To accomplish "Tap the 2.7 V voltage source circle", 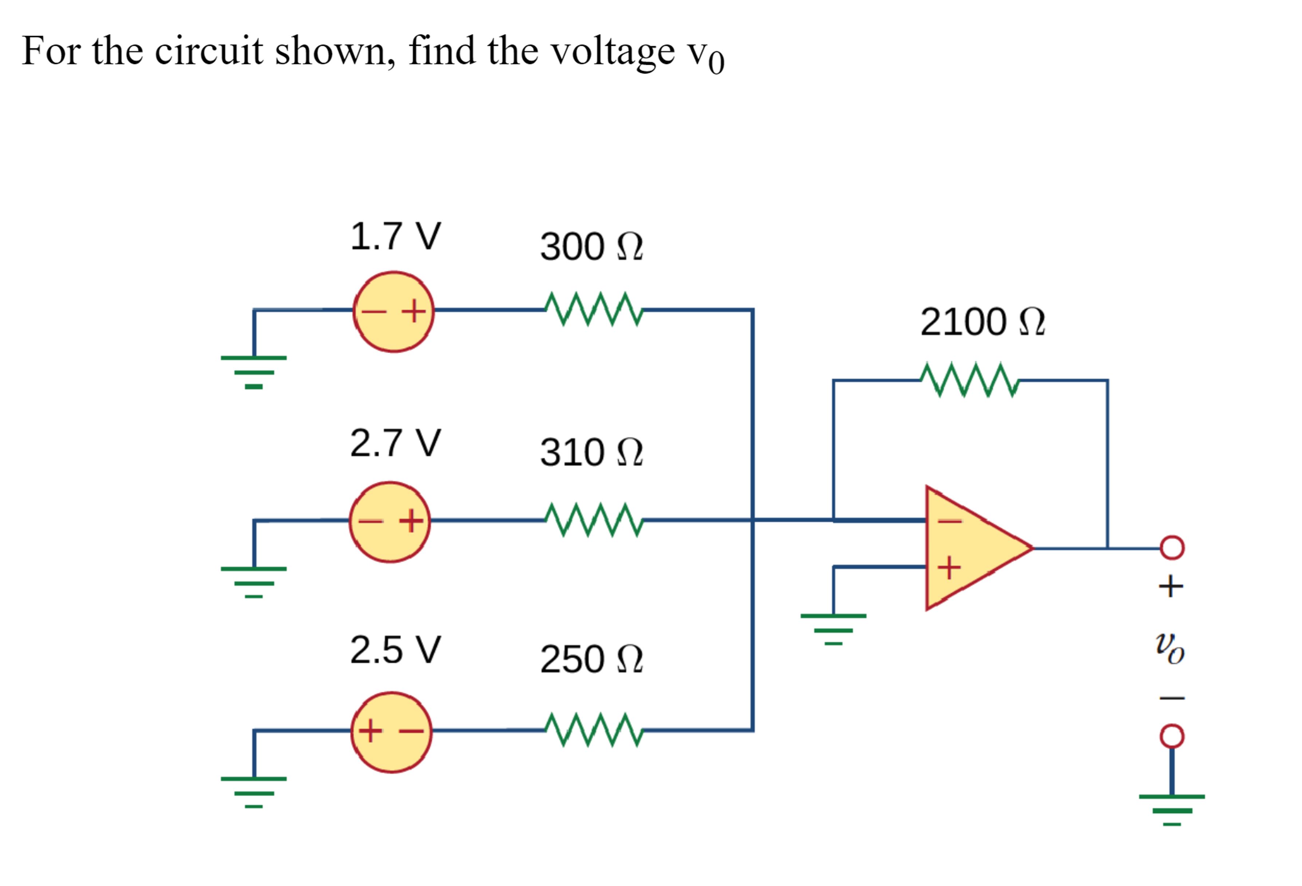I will coord(390,522).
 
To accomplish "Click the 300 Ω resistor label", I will coord(591,247).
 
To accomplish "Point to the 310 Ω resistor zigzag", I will coord(594,520).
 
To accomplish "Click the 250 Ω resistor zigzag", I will coord(594,730).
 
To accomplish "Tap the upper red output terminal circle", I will coord(1172,548).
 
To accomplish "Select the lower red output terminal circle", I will coord(1172,736).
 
